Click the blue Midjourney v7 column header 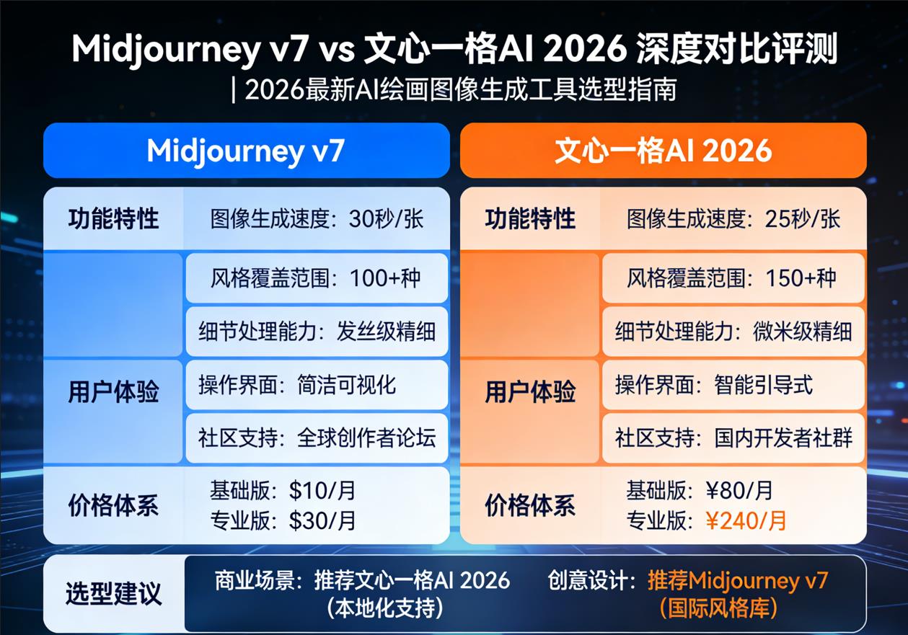(x=246, y=151)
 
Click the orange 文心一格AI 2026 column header (x=663, y=151)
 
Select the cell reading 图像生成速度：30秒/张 (x=317, y=219)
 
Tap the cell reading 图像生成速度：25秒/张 (x=733, y=219)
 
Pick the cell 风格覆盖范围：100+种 (x=317, y=277)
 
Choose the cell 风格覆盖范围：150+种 (x=733, y=277)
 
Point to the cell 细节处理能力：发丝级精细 (x=317, y=331)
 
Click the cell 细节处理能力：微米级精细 (x=733, y=331)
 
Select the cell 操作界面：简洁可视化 (x=317, y=384)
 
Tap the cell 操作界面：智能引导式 (x=733, y=384)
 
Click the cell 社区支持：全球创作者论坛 (x=317, y=438)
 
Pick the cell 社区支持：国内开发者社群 (x=733, y=438)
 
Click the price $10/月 (x=322, y=491)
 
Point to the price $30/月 (x=322, y=520)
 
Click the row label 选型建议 (x=114, y=594)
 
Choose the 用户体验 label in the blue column (x=113, y=392)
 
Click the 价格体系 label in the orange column (x=530, y=505)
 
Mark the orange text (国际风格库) (x=718, y=608)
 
